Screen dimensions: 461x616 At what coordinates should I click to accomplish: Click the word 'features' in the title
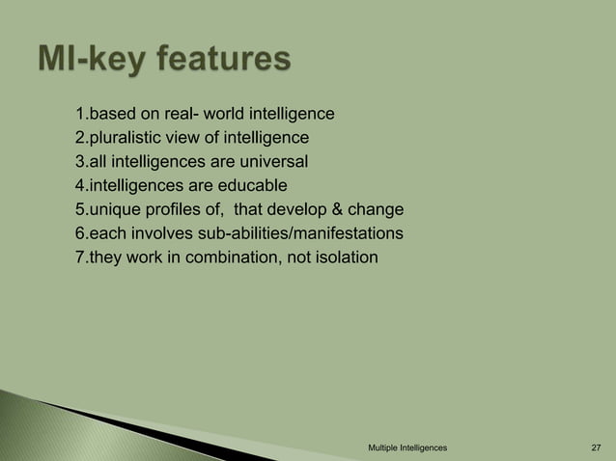pos(213,62)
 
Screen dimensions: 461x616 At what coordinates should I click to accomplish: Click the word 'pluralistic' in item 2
pos(126,139)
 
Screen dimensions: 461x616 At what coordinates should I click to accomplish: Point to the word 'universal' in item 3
pos(271,162)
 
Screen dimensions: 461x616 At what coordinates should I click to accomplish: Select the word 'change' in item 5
pos(377,209)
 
